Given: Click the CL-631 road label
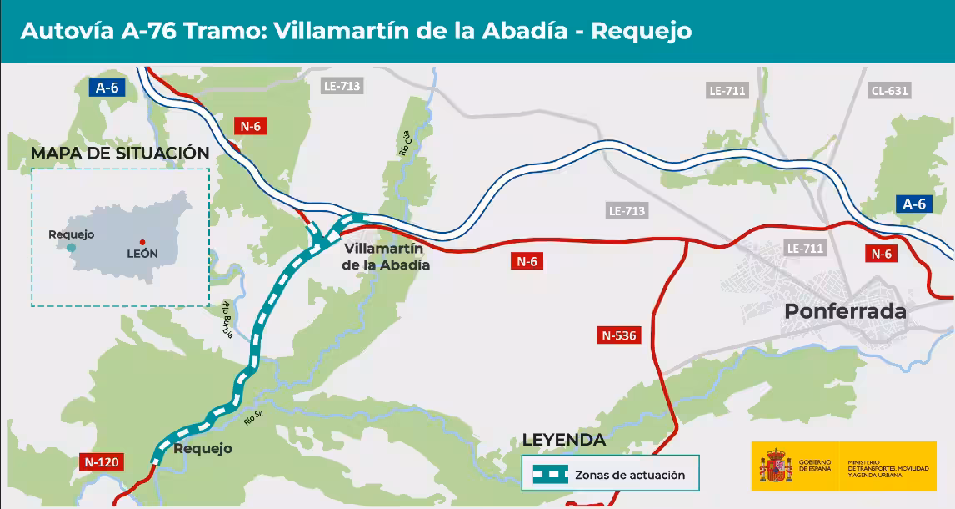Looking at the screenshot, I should pyautogui.click(x=889, y=91).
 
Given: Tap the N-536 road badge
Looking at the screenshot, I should pyautogui.click(x=618, y=336).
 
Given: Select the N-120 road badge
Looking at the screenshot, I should pyautogui.click(x=101, y=461).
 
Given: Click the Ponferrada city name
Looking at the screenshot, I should pyautogui.click(x=845, y=311).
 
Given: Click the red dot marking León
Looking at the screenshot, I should pyautogui.click(x=142, y=242).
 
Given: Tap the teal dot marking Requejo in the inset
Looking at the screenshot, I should pyautogui.click(x=72, y=248).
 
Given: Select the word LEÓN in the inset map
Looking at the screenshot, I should pyautogui.click(x=141, y=254).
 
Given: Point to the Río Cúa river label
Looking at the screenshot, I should pyautogui.click(x=405, y=144).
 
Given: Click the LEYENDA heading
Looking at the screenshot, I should pyautogui.click(x=563, y=440).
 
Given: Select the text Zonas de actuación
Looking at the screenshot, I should pyautogui.click(x=629, y=475).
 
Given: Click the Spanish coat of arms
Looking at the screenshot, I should pyautogui.click(x=775, y=466).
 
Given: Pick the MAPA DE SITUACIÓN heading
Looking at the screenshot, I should pyautogui.click(x=120, y=153).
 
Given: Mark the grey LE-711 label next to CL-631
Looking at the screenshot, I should pyautogui.click(x=727, y=91).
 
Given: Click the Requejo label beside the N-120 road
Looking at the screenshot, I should pyautogui.click(x=202, y=449).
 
